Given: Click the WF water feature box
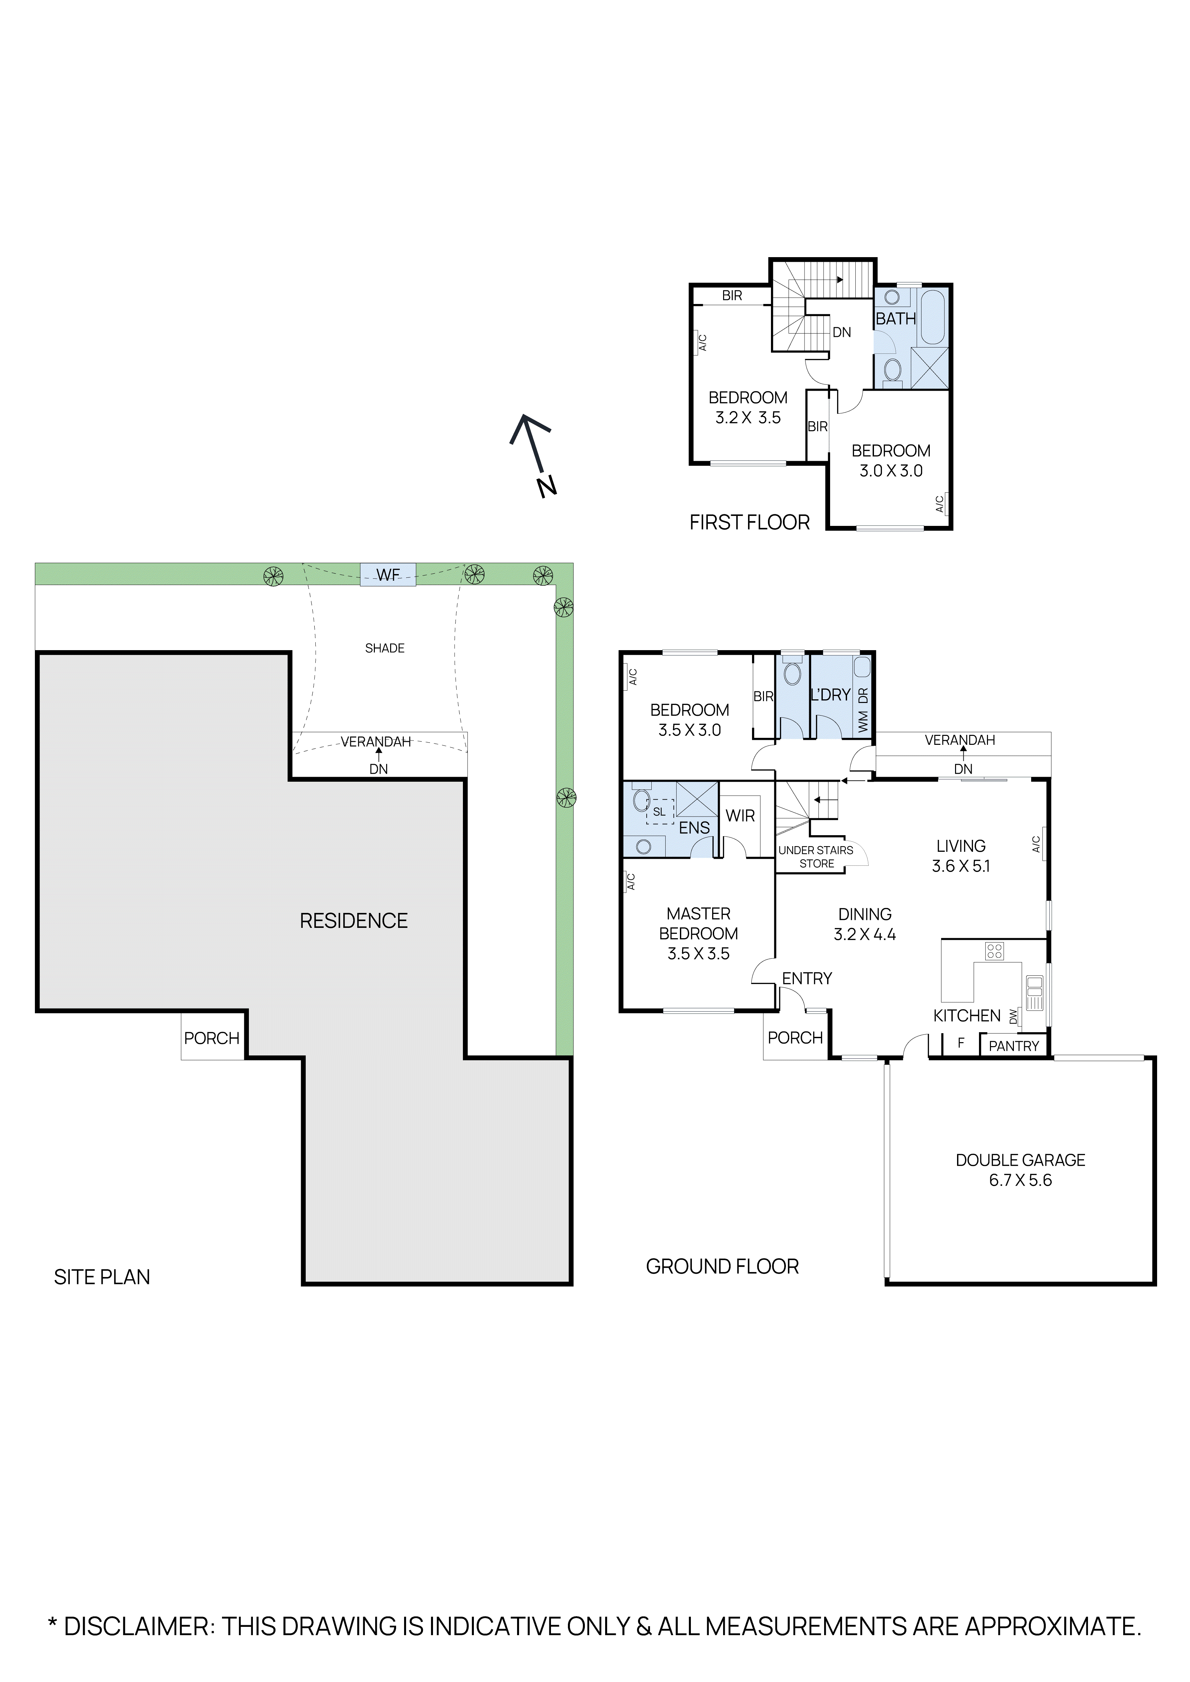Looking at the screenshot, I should [x=387, y=574].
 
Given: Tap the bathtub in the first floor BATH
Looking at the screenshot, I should [x=933, y=317].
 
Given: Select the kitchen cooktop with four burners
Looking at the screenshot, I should [x=994, y=951].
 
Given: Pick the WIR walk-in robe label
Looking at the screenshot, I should [x=740, y=815].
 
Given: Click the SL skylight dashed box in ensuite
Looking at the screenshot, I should [x=660, y=812].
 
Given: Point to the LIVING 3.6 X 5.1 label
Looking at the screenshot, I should [x=961, y=856].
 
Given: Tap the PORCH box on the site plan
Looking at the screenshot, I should [x=212, y=1038].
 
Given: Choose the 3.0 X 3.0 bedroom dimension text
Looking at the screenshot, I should [x=891, y=471].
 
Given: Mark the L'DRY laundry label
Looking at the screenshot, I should [x=830, y=694].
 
